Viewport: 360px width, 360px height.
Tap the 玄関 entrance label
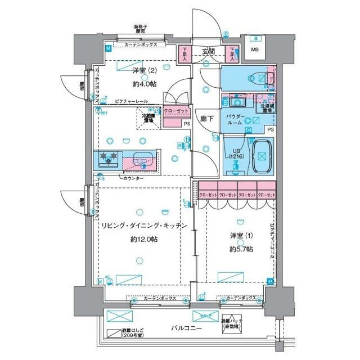(x=209, y=52)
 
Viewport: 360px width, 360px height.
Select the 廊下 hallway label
(x=206, y=119)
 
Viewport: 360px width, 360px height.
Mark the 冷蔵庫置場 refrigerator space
(x=148, y=118)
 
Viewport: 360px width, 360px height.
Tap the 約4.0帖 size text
(x=145, y=84)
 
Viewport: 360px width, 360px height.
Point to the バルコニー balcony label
(x=187, y=328)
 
